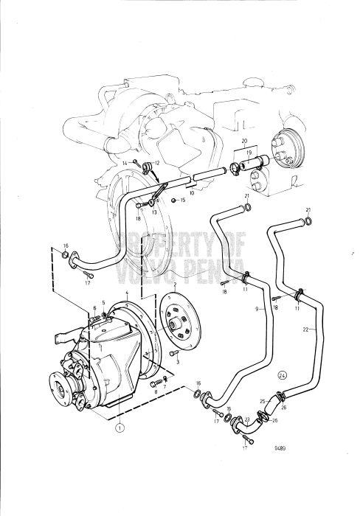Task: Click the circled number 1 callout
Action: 120,424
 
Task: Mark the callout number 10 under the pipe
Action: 190,194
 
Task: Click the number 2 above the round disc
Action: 175,282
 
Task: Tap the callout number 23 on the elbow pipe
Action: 246,419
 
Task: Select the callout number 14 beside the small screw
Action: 126,161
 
